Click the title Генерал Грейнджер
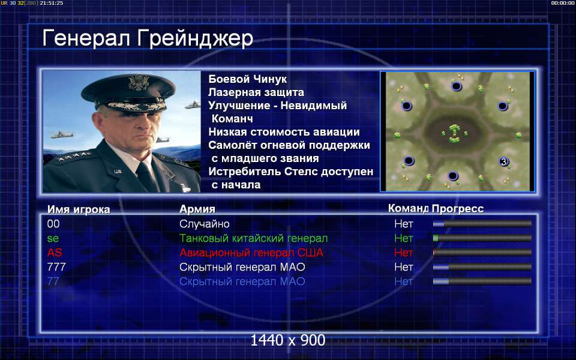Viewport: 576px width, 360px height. pyautogui.click(x=148, y=39)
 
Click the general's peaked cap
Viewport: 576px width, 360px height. pyautogui.click(x=128, y=91)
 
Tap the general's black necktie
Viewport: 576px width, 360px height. pyautogui.click(x=146, y=176)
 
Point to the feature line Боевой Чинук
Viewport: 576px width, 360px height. pyautogui.click(x=248, y=79)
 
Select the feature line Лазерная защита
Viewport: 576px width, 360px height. pyautogui.click(x=256, y=92)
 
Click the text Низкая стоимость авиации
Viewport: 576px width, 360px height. pyautogui.click(x=284, y=132)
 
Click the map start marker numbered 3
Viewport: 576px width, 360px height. pyautogui.click(x=503, y=161)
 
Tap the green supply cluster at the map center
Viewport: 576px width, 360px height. pyautogui.click(x=454, y=133)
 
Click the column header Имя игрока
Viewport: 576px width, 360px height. pyautogui.click(x=79, y=209)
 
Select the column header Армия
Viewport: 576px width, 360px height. pyautogui.click(x=197, y=209)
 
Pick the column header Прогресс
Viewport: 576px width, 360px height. pyautogui.click(x=458, y=209)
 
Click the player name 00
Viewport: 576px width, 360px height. pyautogui.click(x=53, y=224)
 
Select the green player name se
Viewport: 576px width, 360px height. pyautogui.click(x=53, y=238)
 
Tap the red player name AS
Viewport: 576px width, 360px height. pyautogui.click(x=55, y=253)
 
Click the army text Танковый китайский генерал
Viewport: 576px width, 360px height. pyautogui.click(x=253, y=238)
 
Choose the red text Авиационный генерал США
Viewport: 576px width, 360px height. pyautogui.click(x=251, y=253)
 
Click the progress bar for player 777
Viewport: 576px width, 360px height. pyautogui.click(x=482, y=267)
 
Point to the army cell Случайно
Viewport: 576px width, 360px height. pyautogui.click(x=204, y=224)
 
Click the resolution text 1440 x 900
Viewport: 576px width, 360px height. pyautogui.click(x=287, y=341)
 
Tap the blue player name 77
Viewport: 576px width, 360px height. pyautogui.click(x=53, y=281)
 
